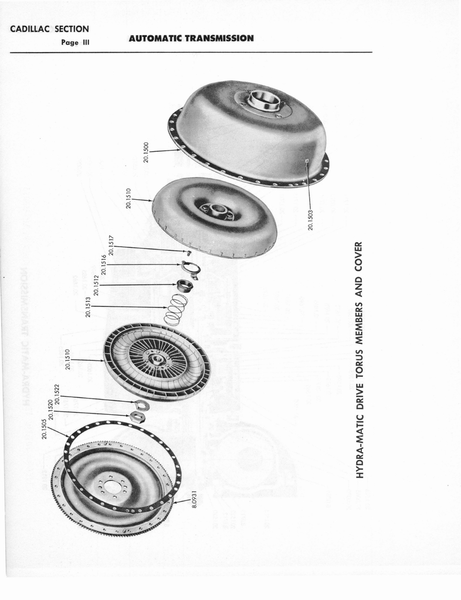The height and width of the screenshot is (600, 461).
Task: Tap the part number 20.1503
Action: tap(311, 220)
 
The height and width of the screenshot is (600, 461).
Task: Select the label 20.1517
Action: tap(110, 245)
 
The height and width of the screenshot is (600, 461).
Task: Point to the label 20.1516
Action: tap(104, 264)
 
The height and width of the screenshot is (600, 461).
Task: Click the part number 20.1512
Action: tap(96, 285)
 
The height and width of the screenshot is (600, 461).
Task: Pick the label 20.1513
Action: tap(88, 306)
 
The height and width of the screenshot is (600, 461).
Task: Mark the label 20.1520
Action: tap(51, 410)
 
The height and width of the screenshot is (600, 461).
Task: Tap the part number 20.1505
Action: tap(44, 429)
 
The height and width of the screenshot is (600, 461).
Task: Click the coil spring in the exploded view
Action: tap(175, 309)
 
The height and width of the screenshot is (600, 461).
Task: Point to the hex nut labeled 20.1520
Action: tap(138, 417)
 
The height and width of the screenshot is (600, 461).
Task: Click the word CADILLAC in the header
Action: tap(29, 29)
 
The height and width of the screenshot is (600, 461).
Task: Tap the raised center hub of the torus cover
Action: tap(263, 100)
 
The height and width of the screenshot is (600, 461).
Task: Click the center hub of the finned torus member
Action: tap(156, 359)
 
